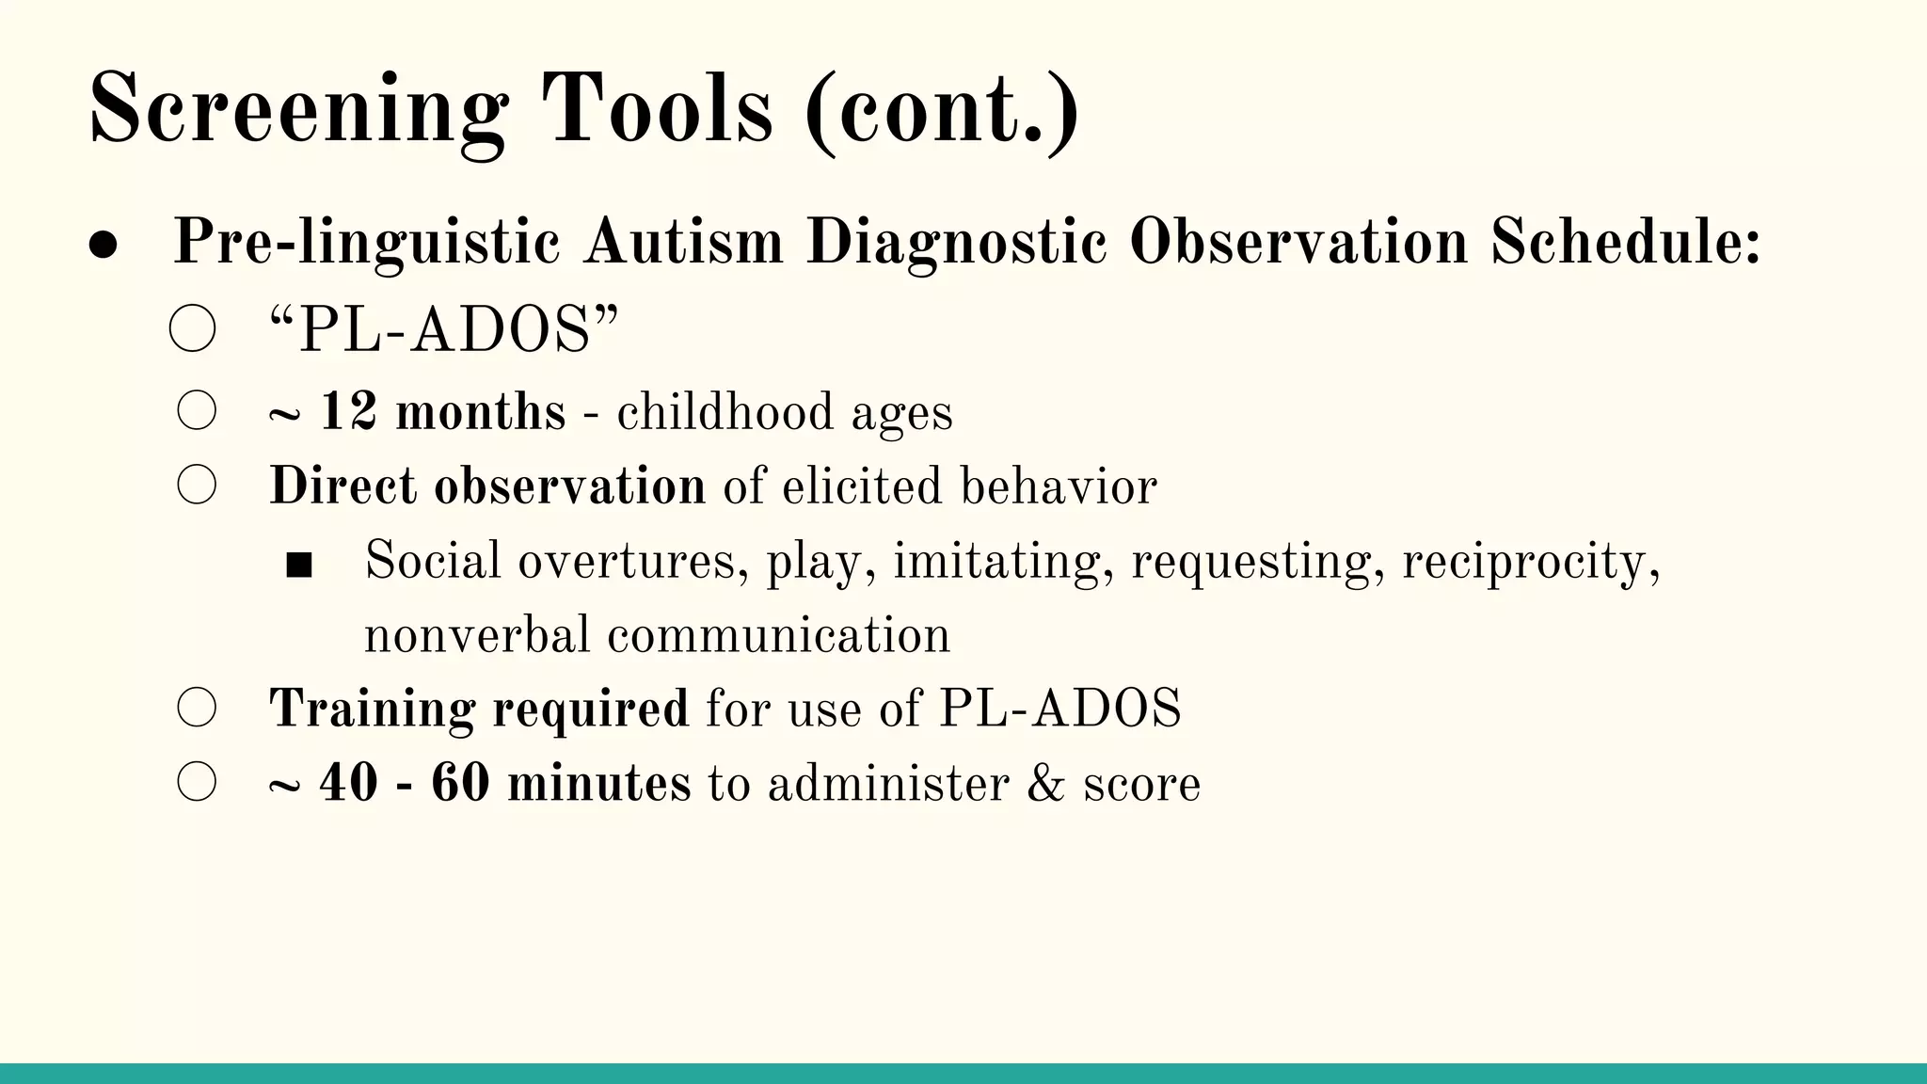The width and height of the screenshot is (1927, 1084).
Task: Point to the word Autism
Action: (683, 243)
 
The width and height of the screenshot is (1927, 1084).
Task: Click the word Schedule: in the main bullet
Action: (1625, 243)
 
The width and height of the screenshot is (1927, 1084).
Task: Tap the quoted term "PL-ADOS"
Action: (444, 331)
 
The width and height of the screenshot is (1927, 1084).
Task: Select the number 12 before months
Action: (349, 412)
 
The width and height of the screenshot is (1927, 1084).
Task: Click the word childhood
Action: (725, 412)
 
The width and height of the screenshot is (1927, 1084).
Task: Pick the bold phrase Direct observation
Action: (486, 486)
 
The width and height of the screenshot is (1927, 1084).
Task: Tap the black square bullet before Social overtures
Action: (299, 565)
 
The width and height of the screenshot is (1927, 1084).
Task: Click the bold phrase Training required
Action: (479, 708)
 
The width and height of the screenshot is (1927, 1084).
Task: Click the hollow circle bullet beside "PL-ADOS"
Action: (193, 330)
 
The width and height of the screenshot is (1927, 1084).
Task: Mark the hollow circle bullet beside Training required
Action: (197, 708)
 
